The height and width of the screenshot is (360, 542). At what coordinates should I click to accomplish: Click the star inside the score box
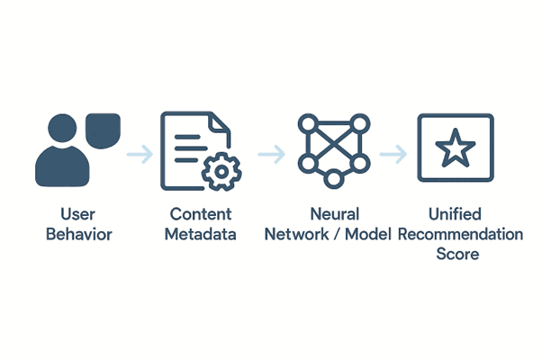pyautogui.click(x=455, y=147)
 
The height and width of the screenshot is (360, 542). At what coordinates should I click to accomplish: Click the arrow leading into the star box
pyautogui.click(x=393, y=155)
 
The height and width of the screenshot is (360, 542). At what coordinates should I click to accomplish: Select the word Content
pyautogui.click(x=200, y=214)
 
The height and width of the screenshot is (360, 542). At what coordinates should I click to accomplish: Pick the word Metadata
pyautogui.click(x=202, y=234)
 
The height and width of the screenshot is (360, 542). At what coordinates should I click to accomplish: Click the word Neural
pyautogui.click(x=334, y=214)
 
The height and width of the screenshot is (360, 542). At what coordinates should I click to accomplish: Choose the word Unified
pyautogui.click(x=456, y=214)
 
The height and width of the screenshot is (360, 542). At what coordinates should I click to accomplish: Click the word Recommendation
pyautogui.click(x=460, y=234)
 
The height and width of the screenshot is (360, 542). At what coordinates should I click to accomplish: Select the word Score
pyautogui.click(x=457, y=254)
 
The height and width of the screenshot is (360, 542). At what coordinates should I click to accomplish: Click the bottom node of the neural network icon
pyautogui.click(x=333, y=179)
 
